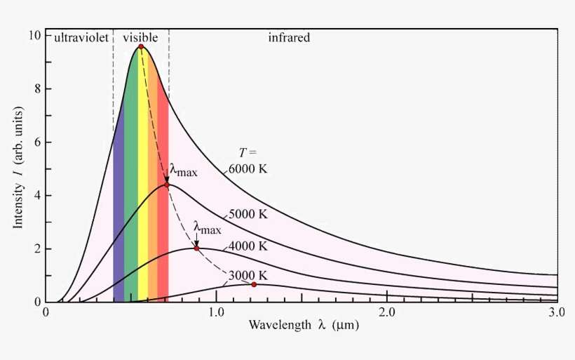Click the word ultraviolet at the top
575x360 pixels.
pyautogui.click(x=81, y=37)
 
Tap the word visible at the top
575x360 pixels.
pyautogui.click(x=140, y=37)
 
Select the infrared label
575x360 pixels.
pyautogui.click(x=289, y=37)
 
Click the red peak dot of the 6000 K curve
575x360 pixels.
pyautogui.click(x=141, y=46)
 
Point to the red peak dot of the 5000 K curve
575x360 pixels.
pyautogui.click(x=167, y=185)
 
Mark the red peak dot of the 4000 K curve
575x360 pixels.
pyautogui.click(x=196, y=248)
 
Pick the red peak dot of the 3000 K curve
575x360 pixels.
pyautogui.click(x=254, y=284)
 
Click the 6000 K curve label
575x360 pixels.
pyautogui.click(x=248, y=169)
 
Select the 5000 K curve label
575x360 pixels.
pyautogui.click(x=248, y=214)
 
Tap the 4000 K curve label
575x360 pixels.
pyautogui.click(x=248, y=246)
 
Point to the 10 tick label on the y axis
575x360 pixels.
pyautogui.click(x=32, y=35)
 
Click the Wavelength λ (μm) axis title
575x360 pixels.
pyautogui.click(x=302, y=326)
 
